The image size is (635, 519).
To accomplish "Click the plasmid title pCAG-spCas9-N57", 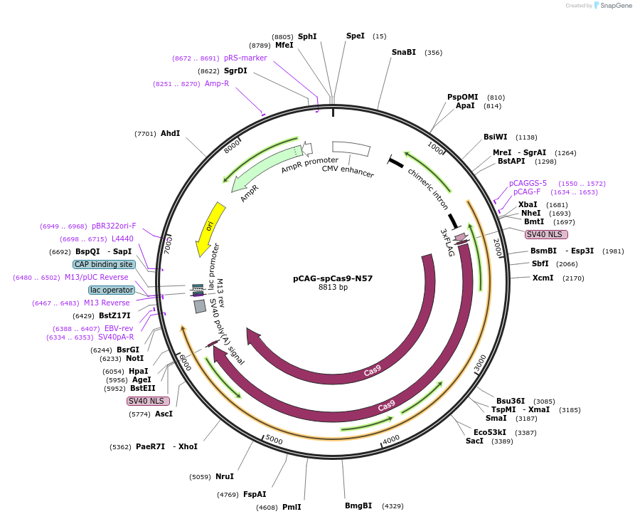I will [333, 278].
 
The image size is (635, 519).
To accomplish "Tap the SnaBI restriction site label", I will [403, 52].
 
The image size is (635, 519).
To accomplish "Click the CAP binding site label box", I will [104, 264].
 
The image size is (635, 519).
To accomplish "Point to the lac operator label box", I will [112, 290].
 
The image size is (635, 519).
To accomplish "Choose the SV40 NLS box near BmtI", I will [546, 234].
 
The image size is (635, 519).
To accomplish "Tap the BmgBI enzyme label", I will [358, 505].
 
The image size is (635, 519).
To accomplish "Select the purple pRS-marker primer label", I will [245, 58].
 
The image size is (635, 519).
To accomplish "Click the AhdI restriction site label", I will [170, 133].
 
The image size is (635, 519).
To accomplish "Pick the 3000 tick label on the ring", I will [481, 362].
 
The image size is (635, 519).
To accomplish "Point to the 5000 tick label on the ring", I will [274, 440].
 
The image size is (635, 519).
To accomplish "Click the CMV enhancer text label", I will [348, 171].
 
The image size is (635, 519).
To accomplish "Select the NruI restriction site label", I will [225, 476].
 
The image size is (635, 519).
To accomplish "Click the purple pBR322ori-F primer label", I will [114, 226].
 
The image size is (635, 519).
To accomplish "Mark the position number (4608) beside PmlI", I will [267, 508].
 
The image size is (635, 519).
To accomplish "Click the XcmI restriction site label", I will [543, 278].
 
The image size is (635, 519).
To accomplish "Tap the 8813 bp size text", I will [333, 288].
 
